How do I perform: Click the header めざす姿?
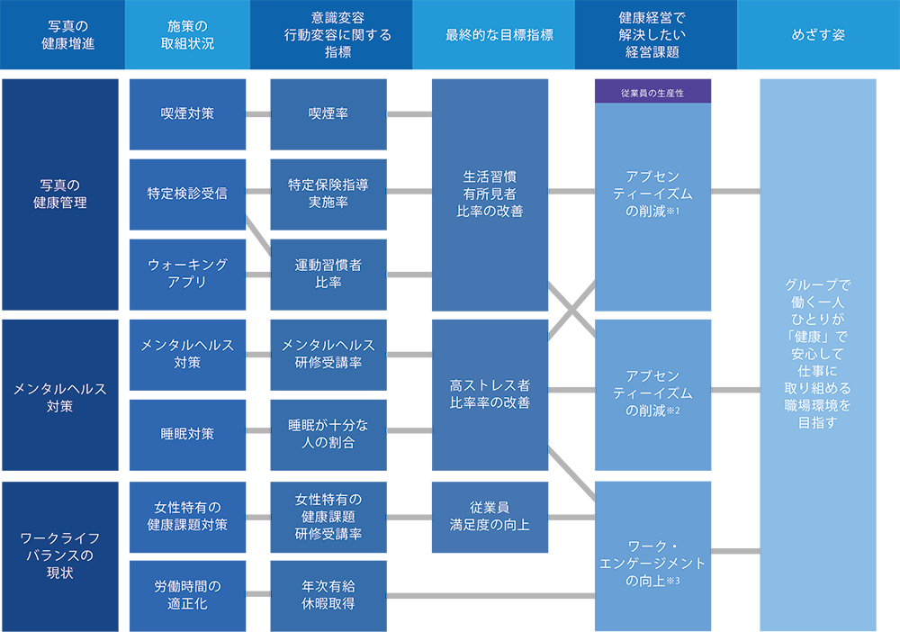tap(818, 36)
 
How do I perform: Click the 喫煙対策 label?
tap(187, 114)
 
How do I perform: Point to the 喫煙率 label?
tap(328, 114)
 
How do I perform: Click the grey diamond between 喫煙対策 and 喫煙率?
tap(258, 114)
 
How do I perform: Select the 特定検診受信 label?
tap(187, 193)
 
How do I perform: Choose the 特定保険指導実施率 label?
tap(328, 193)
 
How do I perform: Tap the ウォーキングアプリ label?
tap(187, 273)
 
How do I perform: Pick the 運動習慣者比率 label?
tap(328, 273)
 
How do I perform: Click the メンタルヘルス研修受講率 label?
tap(328, 354)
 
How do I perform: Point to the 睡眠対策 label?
tap(187, 433)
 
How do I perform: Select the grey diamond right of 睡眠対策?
tap(258, 430)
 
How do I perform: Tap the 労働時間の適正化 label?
tap(187, 594)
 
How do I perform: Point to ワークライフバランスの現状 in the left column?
tap(60, 555)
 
